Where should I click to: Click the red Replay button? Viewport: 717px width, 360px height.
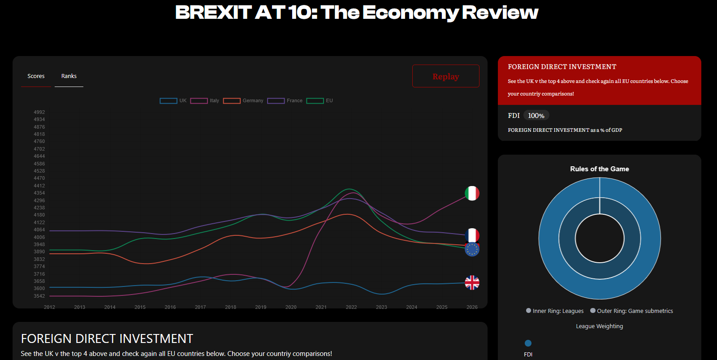pyautogui.click(x=445, y=76)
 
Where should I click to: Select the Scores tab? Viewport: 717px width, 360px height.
pyautogui.click(x=36, y=76)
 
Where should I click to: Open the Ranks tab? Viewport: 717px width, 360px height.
pyautogui.click(x=69, y=76)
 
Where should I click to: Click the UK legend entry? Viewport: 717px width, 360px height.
pyautogui.click(x=173, y=101)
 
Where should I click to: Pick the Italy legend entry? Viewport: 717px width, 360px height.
pyautogui.click(x=204, y=101)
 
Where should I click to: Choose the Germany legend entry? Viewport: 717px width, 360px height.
pyautogui.click(x=243, y=101)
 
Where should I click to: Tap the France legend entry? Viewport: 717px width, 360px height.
pyautogui.click(x=285, y=101)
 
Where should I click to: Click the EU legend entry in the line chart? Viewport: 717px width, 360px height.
pyautogui.click(x=320, y=101)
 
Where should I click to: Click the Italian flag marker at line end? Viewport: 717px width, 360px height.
pyautogui.click(x=472, y=193)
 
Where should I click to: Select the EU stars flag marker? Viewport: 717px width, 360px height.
pyautogui.click(x=472, y=250)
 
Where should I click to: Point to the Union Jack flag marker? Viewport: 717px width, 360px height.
pyautogui.click(x=472, y=282)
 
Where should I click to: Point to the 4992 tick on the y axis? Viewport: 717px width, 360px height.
pyautogui.click(x=39, y=113)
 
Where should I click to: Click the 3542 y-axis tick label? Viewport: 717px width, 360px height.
pyautogui.click(x=39, y=296)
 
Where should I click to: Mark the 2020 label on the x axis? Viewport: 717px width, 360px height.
pyautogui.click(x=291, y=307)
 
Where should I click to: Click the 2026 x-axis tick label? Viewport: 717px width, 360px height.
pyautogui.click(x=472, y=307)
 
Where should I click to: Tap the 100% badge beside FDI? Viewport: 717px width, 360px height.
pyautogui.click(x=536, y=116)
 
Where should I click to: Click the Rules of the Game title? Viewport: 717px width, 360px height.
pyautogui.click(x=599, y=169)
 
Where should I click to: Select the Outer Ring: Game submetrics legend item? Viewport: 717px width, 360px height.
pyautogui.click(x=631, y=311)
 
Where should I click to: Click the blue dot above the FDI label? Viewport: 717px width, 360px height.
pyautogui.click(x=528, y=343)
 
